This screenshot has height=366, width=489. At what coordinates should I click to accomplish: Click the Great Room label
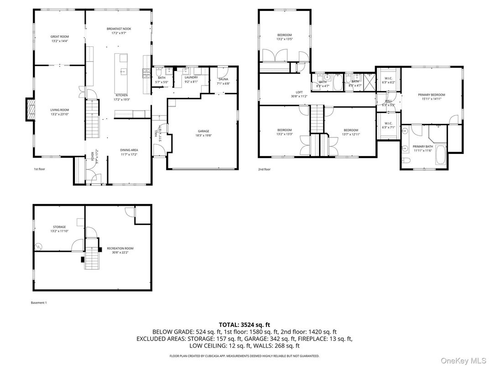[x=59, y=36]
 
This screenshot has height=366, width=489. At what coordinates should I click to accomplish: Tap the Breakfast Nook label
[x=119, y=28]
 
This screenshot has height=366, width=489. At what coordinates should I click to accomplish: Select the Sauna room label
[x=223, y=79]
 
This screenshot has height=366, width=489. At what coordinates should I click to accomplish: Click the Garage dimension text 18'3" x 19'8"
[x=203, y=135]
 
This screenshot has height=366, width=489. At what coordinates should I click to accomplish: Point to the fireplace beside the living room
[x=31, y=110]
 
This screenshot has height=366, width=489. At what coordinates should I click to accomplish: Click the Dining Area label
[x=129, y=150]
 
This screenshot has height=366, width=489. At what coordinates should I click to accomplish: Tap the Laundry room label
[x=191, y=77]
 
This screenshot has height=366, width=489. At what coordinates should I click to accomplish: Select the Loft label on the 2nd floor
[x=299, y=92]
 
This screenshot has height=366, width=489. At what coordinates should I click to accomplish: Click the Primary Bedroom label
[x=431, y=95]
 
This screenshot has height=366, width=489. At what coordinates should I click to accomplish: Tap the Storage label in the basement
[x=59, y=227]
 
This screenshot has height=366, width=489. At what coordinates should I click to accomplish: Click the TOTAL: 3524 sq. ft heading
[x=244, y=325]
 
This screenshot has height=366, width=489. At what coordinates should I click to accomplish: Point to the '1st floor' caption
[x=39, y=169]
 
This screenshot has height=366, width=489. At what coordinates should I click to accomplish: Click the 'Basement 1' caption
[x=39, y=302]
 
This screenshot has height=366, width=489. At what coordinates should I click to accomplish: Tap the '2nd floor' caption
[x=264, y=169]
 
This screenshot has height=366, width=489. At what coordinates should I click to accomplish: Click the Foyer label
[x=93, y=156]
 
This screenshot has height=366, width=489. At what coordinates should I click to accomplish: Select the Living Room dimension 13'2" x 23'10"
[x=59, y=114]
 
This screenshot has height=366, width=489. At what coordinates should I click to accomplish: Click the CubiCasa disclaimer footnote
[x=244, y=356]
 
